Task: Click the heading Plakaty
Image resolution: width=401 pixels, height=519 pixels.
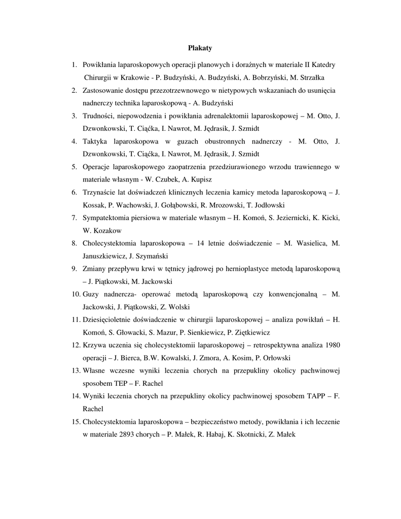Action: [200, 48]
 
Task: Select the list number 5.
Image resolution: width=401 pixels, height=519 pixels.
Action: [74, 167]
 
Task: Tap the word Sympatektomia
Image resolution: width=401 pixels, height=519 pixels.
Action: [107, 218]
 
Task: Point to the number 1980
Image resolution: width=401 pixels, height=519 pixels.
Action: [331, 345]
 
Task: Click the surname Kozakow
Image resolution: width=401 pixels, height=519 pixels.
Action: [99, 231]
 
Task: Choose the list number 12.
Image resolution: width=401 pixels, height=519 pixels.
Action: [76, 345]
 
